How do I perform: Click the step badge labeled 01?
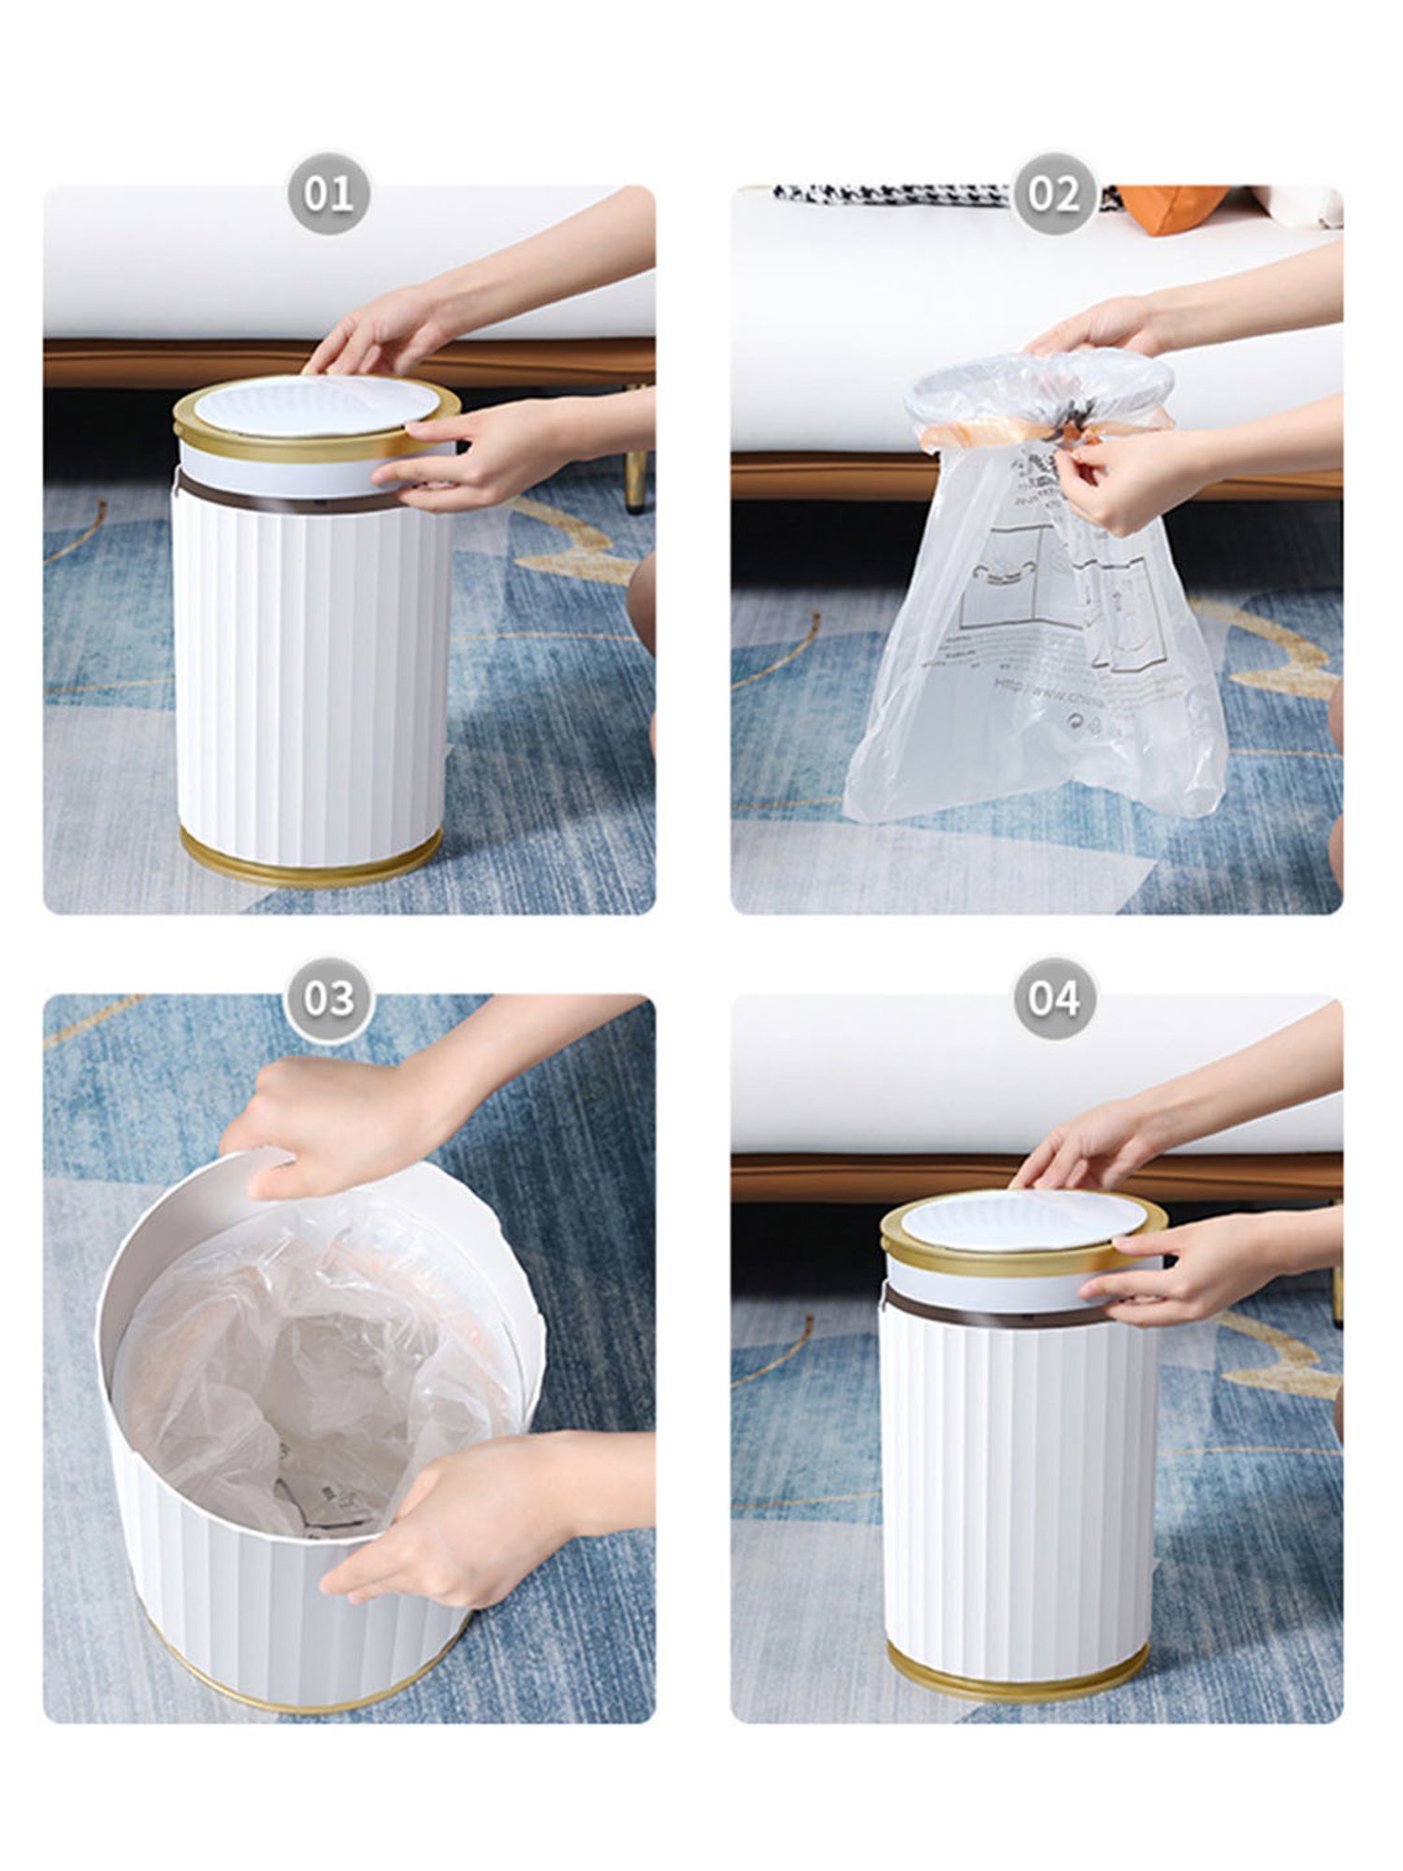tap(328, 194)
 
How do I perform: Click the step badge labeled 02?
tap(1054, 194)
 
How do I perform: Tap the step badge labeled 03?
tap(328, 998)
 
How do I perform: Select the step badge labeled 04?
tap(1054, 998)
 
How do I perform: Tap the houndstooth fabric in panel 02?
tap(889, 195)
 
